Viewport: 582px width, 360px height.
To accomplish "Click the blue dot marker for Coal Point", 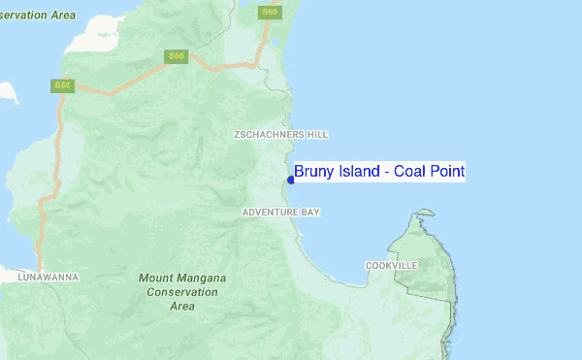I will (x=291, y=180).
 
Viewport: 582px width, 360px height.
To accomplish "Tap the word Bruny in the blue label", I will (x=314, y=172).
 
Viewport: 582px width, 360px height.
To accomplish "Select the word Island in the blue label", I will (x=359, y=172).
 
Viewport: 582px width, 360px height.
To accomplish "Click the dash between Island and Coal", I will (x=386, y=173).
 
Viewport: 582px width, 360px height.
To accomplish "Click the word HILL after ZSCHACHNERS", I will (x=317, y=135).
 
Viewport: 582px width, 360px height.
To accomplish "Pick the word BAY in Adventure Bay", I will (x=310, y=212).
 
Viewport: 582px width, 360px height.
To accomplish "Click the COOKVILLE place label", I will (x=391, y=265).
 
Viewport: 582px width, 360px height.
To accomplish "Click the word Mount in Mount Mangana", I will (x=155, y=278).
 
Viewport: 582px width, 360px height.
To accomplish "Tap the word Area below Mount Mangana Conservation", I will (x=181, y=306).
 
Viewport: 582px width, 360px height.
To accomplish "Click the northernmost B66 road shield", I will (x=270, y=12).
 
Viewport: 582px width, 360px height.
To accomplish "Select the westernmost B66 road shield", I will (x=62, y=86).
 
